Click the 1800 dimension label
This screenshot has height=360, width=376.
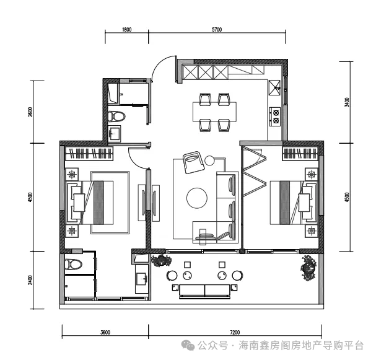point(126,30)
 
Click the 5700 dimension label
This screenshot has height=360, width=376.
point(217,30)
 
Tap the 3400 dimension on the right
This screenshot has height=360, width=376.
point(346,102)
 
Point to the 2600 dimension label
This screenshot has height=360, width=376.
point(30,112)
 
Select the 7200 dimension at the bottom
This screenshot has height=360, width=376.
point(235,332)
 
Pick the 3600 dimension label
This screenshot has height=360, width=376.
point(105,332)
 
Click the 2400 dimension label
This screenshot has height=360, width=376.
point(30,280)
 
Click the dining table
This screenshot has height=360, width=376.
point(214,112)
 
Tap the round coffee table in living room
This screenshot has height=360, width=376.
point(197,198)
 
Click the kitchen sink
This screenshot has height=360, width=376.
point(274,87)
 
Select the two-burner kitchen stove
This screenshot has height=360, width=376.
point(275,116)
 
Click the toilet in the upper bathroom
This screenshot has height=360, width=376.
point(116,116)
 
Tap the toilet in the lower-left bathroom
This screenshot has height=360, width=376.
point(73,265)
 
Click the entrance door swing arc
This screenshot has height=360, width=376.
point(160,62)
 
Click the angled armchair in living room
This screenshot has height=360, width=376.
point(194,162)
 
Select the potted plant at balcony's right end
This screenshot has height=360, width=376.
point(308,268)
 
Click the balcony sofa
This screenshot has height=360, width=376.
point(204,291)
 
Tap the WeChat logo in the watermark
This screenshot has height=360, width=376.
point(188,345)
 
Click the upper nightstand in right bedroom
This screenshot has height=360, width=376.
point(311,174)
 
